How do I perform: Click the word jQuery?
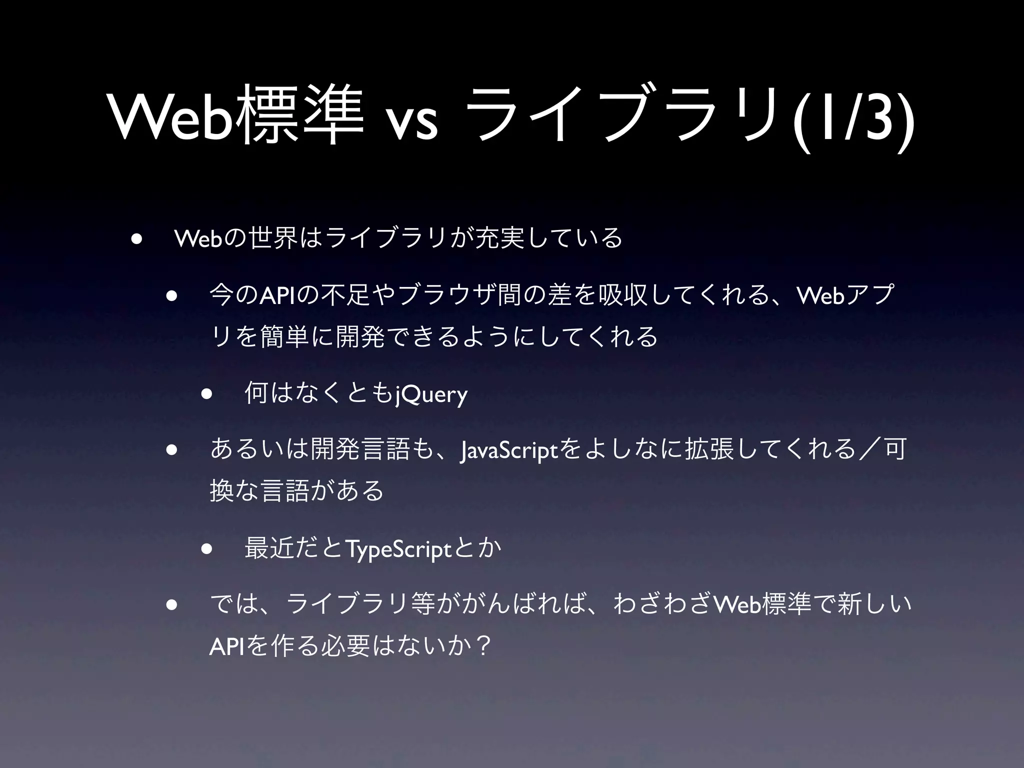(431, 394)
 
